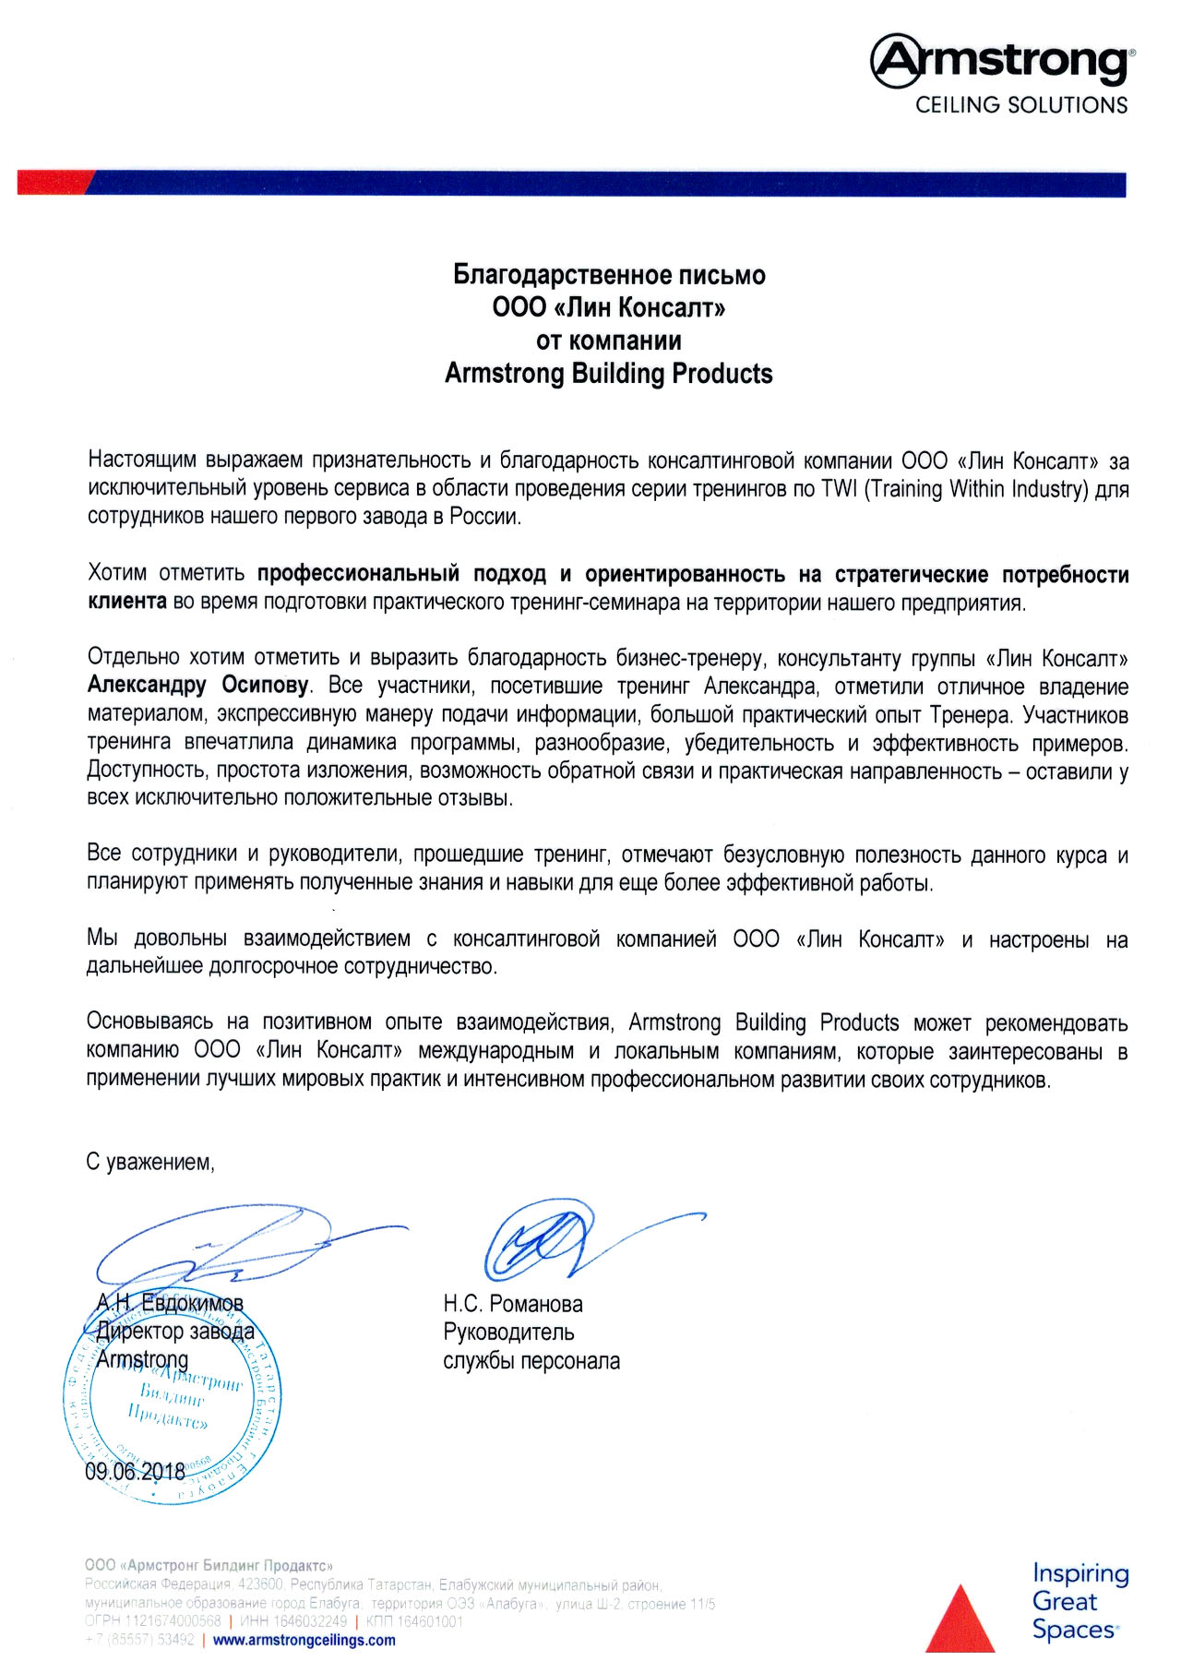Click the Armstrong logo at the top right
(x=1002, y=61)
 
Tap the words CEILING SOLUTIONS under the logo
(x=1021, y=105)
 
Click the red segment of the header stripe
(x=54, y=182)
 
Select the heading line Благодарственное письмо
(x=609, y=275)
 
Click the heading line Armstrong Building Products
(x=609, y=374)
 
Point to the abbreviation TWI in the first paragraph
(x=838, y=489)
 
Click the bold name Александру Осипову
(x=197, y=686)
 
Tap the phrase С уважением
(x=150, y=1162)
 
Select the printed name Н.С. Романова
(x=513, y=1304)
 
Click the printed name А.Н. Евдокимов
(x=170, y=1303)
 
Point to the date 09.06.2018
(x=135, y=1471)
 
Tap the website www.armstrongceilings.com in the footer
(x=304, y=1640)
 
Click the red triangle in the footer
(x=960, y=1619)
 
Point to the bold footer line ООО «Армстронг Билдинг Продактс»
(x=209, y=1565)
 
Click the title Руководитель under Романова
(x=508, y=1332)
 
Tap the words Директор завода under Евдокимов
(x=175, y=1332)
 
